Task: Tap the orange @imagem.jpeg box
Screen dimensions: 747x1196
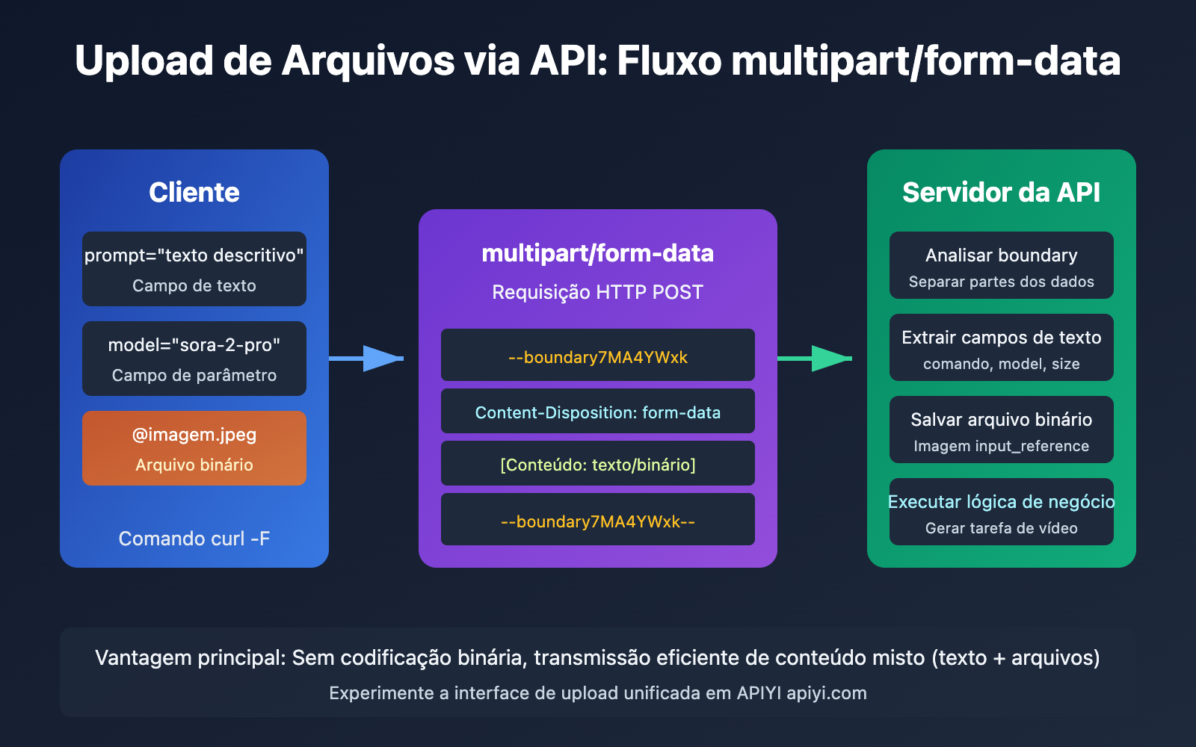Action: [x=194, y=448]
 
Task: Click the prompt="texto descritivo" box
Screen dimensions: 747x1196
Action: [x=194, y=269]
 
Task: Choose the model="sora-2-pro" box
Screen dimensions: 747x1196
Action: [x=194, y=359]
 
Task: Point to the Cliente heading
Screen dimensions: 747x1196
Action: [x=194, y=193]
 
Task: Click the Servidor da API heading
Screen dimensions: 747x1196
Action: [x=1001, y=193]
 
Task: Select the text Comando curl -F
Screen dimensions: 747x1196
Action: [x=194, y=539]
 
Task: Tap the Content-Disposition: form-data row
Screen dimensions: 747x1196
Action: [x=598, y=412]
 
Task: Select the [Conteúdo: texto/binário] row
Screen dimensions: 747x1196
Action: [x=598, y=464]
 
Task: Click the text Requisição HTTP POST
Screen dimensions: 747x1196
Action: [x=598, y=292]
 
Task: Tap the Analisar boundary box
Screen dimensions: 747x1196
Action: [x=1001, y=265]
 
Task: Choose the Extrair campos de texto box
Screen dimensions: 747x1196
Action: [x=1001, y=347]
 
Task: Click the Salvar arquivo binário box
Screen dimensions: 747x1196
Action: [x=1001, y=430]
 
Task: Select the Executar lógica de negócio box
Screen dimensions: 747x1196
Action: [x=1001, y=512]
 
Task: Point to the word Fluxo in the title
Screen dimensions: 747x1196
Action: [x=670, y=61]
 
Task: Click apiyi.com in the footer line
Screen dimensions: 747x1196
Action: [x=827, y=693]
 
